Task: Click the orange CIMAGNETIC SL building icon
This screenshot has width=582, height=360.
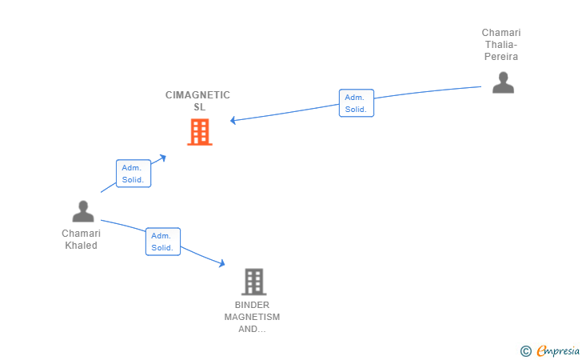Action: click(200, 132)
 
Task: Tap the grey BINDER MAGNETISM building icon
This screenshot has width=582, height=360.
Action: click(254, 282)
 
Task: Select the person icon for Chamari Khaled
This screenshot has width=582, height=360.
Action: click(83, 211)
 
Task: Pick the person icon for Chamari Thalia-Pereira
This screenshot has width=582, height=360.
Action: click(503, 82)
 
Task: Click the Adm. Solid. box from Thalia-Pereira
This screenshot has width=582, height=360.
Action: click(357, 103)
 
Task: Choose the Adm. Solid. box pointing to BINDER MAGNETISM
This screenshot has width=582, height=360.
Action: click(163, 242)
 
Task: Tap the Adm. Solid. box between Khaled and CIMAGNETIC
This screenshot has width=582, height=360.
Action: click(134, 174)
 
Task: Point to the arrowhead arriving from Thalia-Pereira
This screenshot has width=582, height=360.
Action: click(233, 120)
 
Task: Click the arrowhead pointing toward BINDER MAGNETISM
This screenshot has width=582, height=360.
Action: click(222, 263)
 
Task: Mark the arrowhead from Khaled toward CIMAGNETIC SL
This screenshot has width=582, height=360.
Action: click(162, 158)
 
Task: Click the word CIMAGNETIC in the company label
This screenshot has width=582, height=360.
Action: click(197, 95)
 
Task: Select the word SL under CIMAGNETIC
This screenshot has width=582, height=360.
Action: click(199, 107)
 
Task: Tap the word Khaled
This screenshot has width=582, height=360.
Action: click(81, 246)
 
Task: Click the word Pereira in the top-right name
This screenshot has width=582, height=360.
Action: click(501, 57)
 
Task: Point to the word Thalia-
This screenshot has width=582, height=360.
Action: click(501, 45)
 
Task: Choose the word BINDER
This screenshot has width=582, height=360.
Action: click(252, 305)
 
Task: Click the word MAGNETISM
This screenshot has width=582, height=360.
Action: click(252, 317)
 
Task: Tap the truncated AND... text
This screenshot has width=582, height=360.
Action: click(252, 329)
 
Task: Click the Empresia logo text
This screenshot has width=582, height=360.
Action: click(558, 350)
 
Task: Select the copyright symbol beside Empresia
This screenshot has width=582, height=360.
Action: click(526, 351)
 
